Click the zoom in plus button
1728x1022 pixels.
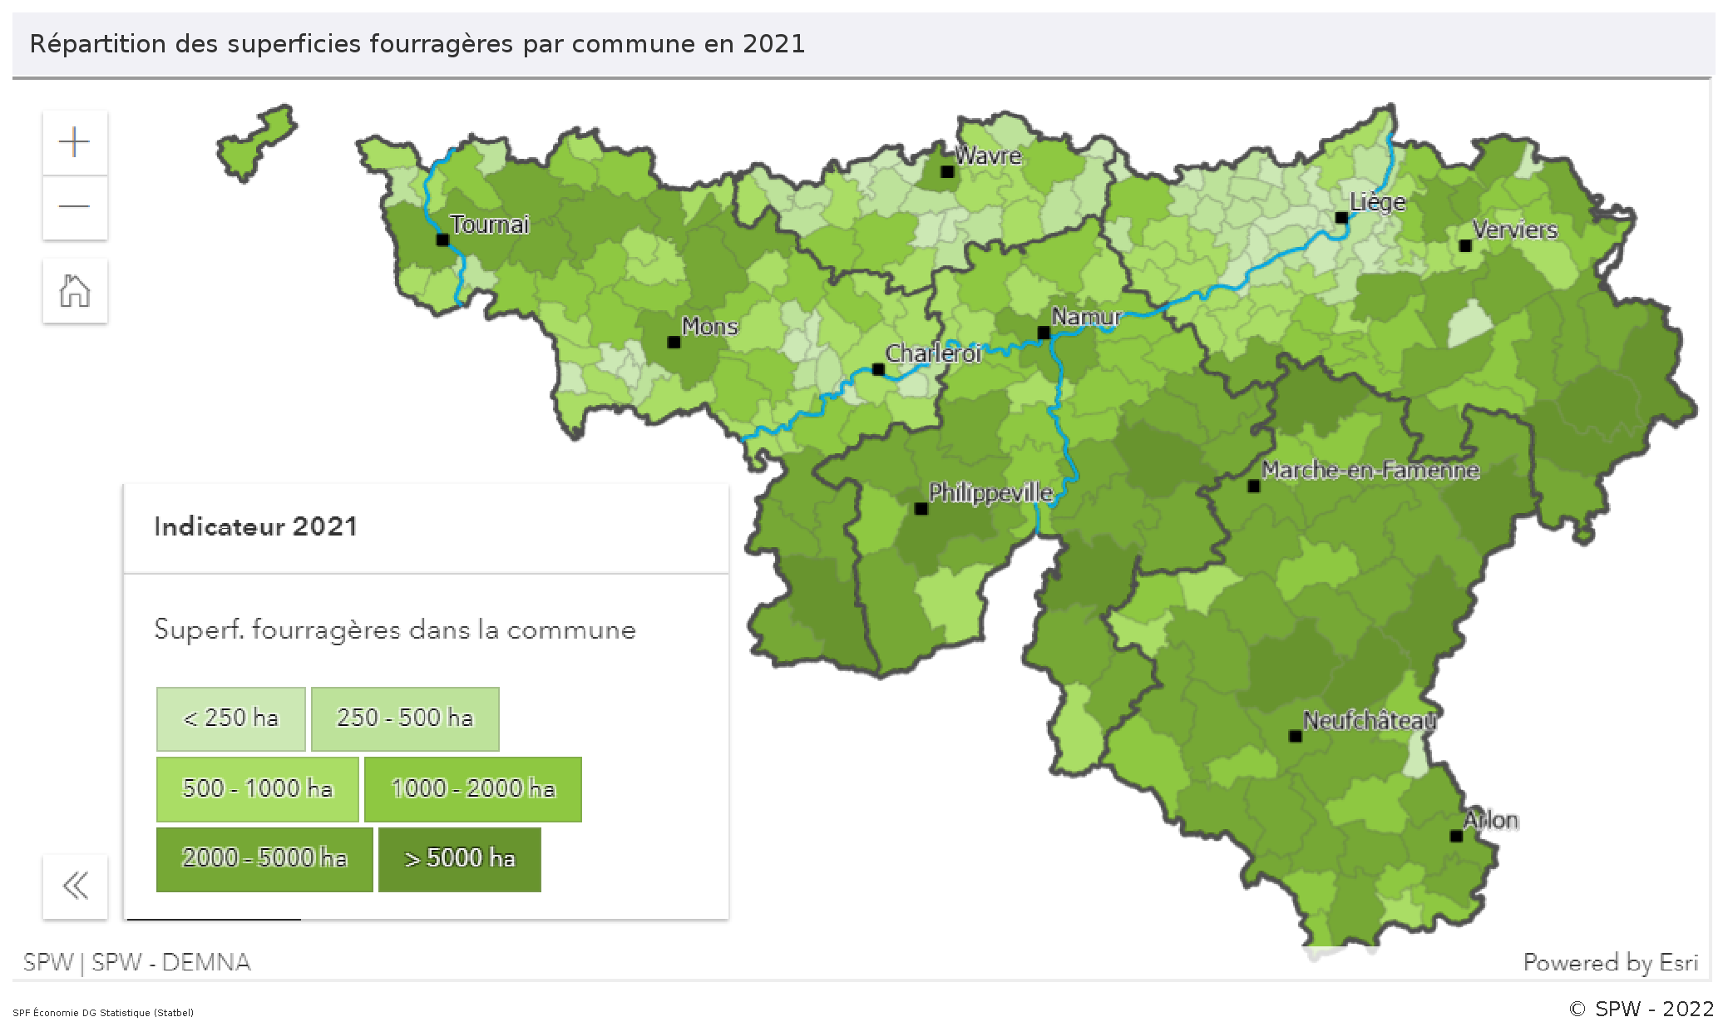tap(75, 142)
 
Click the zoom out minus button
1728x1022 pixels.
tap(75, 206)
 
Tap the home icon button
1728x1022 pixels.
tap(75, 291)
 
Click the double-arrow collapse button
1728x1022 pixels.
tap(75, 886)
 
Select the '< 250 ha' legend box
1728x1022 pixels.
tap(230, 718)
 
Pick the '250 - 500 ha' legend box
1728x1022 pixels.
tap(405, 718)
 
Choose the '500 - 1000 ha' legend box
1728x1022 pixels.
tap(257, 788)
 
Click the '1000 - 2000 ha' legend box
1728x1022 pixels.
tap(472, 788)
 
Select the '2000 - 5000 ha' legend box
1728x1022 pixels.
tap(264, 858)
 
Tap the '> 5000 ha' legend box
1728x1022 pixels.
tap(459, 858)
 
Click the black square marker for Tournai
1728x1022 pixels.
tap(442, 240)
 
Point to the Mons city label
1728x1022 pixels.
tap(709, 326)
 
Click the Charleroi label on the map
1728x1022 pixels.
tap(933, 353)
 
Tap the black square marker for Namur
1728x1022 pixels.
tap(1044, 333)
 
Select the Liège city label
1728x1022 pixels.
tap(1377, 202)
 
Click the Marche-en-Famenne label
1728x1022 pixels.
tap(1370, 470)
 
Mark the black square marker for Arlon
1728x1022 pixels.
tap(1456, 836)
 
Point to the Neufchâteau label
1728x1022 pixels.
tap(1370, 720)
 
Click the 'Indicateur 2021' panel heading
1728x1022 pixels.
tap(255, 526)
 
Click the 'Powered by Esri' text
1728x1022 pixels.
tap(1610, 962)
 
